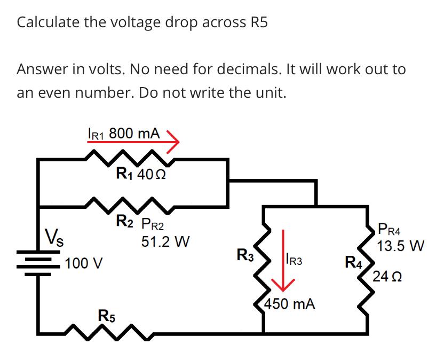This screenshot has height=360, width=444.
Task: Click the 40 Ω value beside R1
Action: pyautogui.click(x=152, y=175)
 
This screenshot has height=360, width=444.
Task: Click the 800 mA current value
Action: pyautogui.click(x=133, y=133)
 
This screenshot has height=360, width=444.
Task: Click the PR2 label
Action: pyautogui.click(x=157, y=224)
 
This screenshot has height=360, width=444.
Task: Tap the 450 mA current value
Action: pyautogui.click(x=291, y=304)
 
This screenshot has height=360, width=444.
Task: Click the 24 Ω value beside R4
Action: pyautogui.click(x=388, y=277)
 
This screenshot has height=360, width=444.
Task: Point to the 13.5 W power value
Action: pyautogui.click(x=400, y=247)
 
